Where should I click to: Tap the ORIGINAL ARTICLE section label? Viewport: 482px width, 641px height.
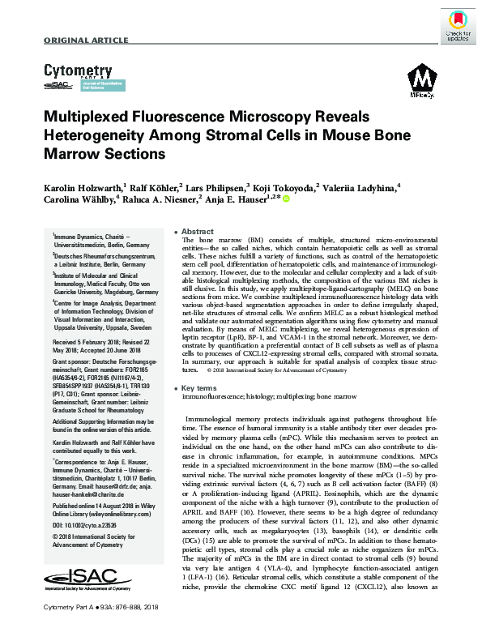(77, 41)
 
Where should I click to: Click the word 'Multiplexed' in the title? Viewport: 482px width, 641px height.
(96, 118)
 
